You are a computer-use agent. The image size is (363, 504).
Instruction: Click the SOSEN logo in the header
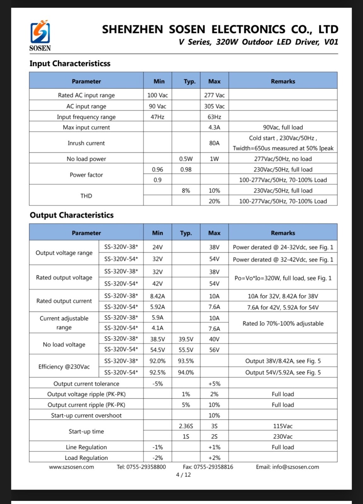click(40, 35)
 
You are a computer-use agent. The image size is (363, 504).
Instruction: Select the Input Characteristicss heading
click(70, 64)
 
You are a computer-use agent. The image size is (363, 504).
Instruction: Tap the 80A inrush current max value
click(214, 143)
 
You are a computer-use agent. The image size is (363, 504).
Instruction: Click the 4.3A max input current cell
click(214, 127)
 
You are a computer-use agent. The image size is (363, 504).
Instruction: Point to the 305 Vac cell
click(214, 106)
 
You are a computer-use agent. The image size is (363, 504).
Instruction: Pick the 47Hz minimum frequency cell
click(157, 117)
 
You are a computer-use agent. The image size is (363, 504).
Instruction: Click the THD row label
click(86, 196)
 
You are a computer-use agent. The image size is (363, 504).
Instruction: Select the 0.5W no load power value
click(186, 159)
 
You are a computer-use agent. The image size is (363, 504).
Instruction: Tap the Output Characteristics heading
click(72, 215)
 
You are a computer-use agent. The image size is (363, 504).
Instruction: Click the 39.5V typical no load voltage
click(186, 339)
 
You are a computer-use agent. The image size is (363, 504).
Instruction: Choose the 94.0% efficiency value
click(186, 372)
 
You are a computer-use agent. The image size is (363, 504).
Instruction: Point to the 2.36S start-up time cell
click(186, 426)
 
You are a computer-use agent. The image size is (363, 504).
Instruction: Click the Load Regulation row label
click(86, 458)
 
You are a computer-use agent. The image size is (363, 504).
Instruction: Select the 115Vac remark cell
click(283, 426)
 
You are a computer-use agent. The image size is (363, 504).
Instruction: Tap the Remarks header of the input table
click(283, 81)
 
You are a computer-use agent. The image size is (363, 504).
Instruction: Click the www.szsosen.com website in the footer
click(71, 467)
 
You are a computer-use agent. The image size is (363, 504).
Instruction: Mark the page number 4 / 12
click(183, 475)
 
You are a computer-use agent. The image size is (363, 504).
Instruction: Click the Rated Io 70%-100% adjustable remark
click(283, 324)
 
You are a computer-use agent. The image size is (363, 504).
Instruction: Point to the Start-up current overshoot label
click(86, 415)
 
